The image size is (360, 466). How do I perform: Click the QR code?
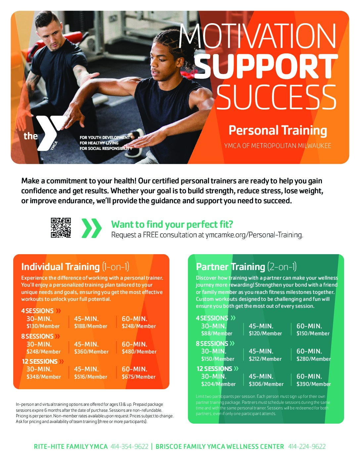(61, 227)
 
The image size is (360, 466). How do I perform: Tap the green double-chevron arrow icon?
(92, 228)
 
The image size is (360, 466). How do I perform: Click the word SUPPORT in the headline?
(266, 66)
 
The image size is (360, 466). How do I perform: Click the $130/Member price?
(43, 326)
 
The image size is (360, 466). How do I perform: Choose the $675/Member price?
(139, 377)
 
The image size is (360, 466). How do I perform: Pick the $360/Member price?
(91, 352)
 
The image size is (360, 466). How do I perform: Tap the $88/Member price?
(216, 334)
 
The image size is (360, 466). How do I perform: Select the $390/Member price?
(313, 384)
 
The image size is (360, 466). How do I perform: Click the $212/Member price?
(265, 359)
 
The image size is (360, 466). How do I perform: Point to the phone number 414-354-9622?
(129, 446)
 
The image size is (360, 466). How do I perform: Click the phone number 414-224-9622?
(307, 446)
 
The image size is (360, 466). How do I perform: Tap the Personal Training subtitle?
(278, 130)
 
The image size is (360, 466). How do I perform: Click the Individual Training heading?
(61, 267)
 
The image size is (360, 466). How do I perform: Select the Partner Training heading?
(231, 267)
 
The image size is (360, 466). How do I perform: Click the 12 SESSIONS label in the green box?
(214, 369)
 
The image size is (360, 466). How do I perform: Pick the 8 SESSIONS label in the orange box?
(37, 336)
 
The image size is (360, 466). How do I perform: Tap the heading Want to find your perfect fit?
(172, 224)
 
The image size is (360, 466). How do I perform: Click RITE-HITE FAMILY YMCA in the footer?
(71, 446)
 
